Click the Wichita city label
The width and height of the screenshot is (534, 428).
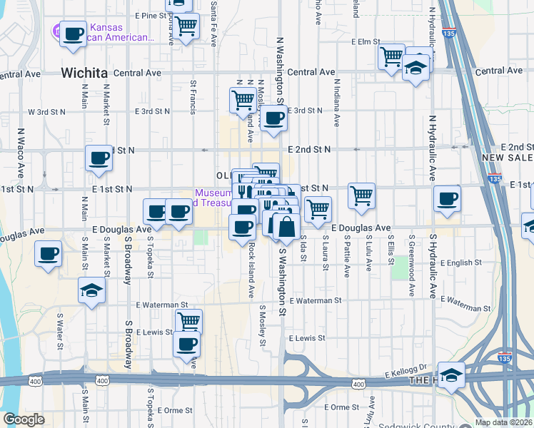coord(84,73)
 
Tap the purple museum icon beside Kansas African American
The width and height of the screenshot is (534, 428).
coord(56,31)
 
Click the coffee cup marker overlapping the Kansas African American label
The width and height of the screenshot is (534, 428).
coord(73,35)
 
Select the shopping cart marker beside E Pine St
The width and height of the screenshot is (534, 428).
coord(186,27)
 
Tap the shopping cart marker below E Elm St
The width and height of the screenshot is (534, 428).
coord(391,57)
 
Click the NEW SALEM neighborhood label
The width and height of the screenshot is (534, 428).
coord(507,158)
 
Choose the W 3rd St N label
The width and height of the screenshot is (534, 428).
coord(46,112)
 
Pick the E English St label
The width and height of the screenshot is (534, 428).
coord(466,263)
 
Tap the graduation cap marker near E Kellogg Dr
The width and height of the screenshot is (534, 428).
coord(451,374)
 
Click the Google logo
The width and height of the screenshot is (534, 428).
coord(24,419)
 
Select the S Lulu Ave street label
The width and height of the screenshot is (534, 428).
coord(369,253)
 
